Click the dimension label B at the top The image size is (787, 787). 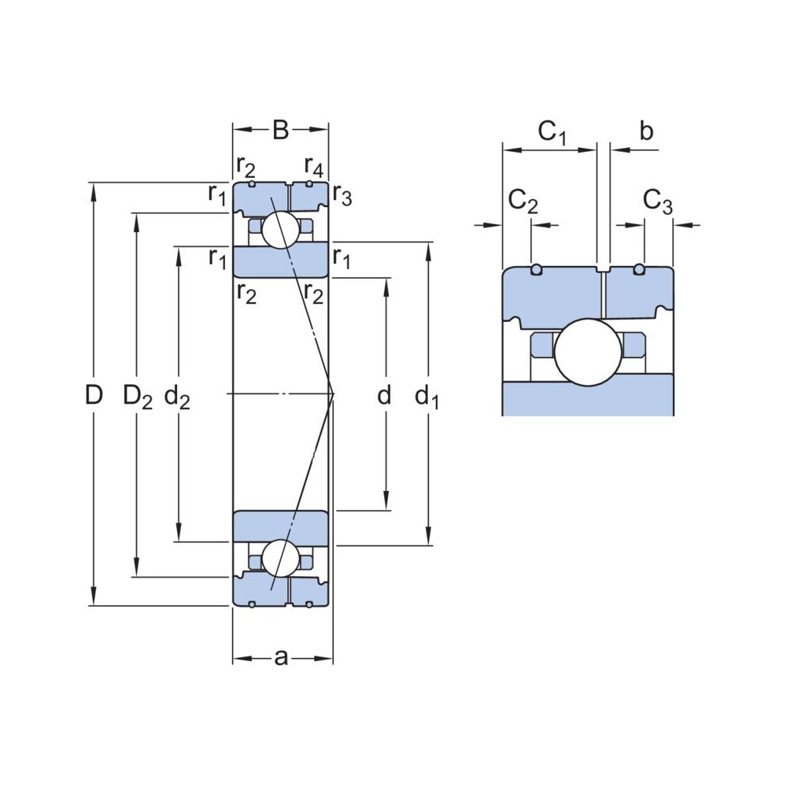(x=280, y=130)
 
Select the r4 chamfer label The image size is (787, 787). (x=313, y=167)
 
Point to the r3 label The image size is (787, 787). (x=342, y=194)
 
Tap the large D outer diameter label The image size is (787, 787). (x=94, y=396)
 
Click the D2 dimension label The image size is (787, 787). (x=138, y=397)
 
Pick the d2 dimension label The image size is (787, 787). (x=177, y=397)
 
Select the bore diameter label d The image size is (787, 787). (x=384, y=396)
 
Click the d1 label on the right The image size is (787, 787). (x=427, y=398)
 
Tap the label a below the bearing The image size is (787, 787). (x=281, y=658)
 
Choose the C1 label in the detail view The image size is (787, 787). (x=552, y=132)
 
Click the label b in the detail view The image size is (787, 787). (x=645, y=131)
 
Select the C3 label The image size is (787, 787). (x=658, y=202)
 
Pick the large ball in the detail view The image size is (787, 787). (x=589, y=352)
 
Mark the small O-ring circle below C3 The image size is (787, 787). (x=640, y=270)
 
